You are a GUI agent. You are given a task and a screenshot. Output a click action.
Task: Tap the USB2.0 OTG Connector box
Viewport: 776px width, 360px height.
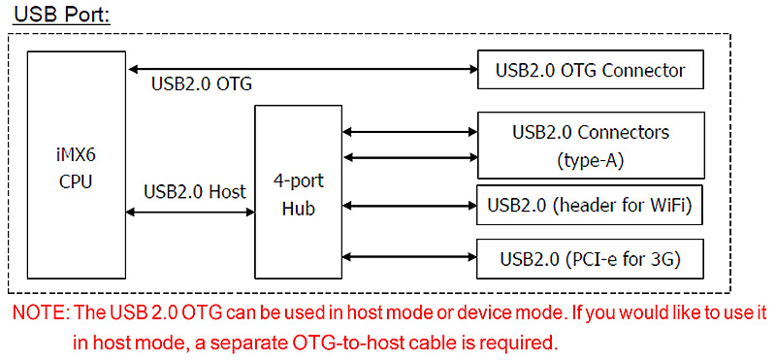point(590,70)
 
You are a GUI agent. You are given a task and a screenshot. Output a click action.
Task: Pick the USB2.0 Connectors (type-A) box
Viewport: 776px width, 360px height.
point(590,145)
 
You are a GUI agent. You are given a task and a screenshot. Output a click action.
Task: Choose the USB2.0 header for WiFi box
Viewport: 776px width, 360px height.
point(590,206)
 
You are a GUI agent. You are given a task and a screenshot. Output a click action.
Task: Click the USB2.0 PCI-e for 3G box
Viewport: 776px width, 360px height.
point(590,258)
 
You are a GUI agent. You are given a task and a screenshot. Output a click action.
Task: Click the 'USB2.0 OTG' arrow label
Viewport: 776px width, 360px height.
point(202,84)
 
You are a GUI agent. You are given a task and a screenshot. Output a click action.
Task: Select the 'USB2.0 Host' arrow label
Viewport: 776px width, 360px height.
point(193,190)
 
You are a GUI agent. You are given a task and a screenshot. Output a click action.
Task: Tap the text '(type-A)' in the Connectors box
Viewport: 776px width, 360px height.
point(590,158)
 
